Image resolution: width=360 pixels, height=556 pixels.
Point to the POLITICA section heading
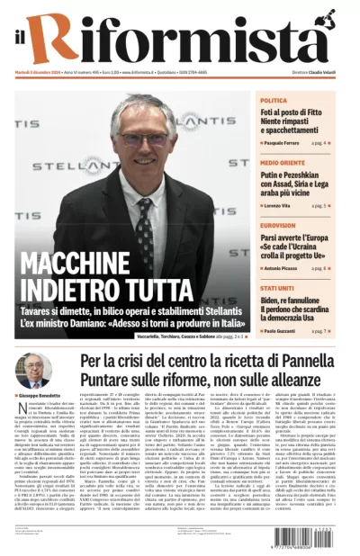(274, 100)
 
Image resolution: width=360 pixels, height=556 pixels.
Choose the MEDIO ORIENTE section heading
(283, 163)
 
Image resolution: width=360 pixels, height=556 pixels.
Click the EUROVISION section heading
(278, 226)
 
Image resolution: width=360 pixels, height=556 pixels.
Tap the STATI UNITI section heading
(278, 288)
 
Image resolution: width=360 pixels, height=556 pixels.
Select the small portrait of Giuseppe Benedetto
(33, 371)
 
